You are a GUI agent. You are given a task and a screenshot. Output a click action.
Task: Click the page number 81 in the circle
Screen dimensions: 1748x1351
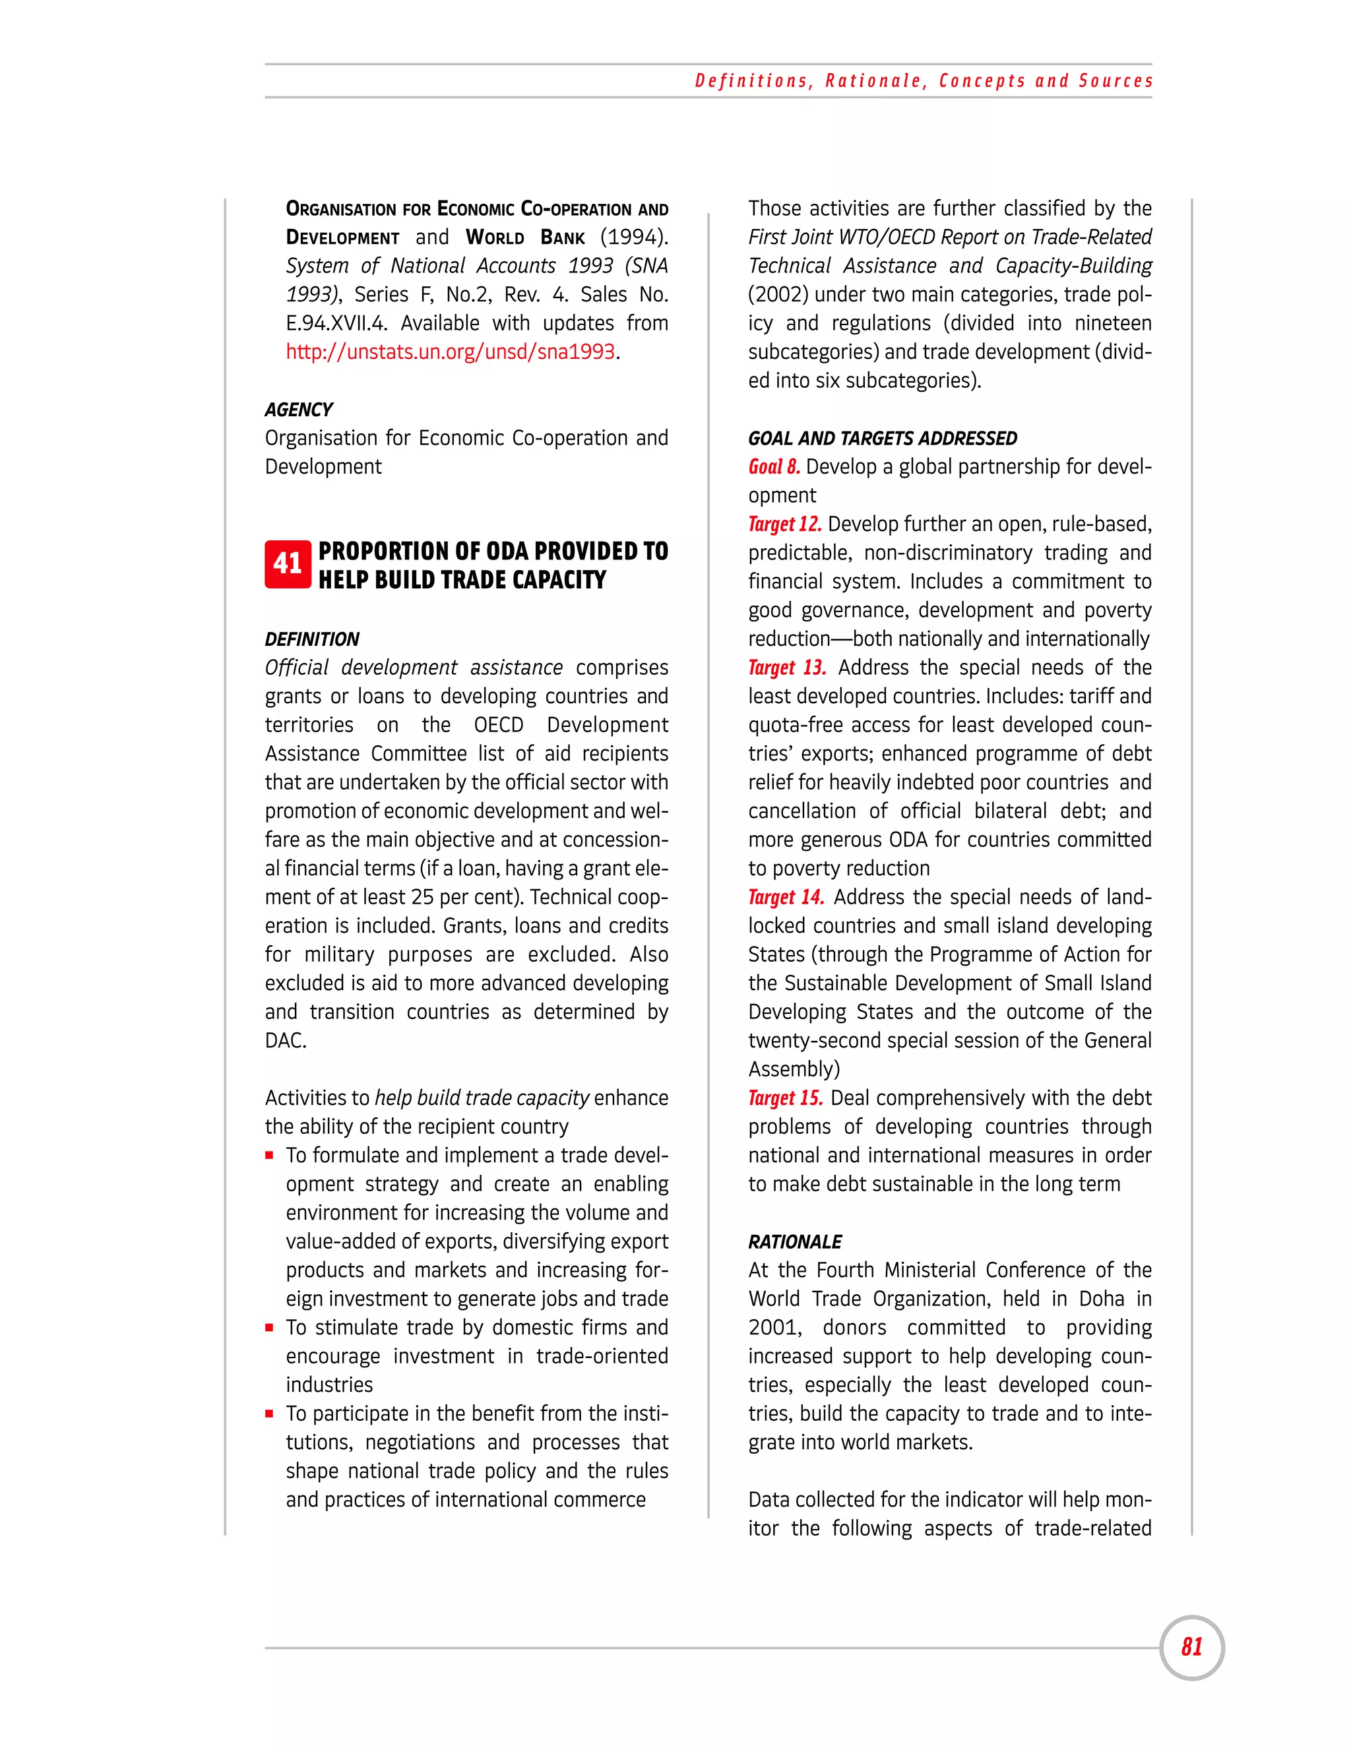1192,1647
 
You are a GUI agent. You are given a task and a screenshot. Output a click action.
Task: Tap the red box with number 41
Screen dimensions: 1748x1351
288,564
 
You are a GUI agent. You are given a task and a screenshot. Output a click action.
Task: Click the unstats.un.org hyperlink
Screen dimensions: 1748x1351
451,352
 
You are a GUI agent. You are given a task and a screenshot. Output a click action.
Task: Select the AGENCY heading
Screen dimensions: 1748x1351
299,410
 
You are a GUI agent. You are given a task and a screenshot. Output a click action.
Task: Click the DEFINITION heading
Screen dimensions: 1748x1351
312,639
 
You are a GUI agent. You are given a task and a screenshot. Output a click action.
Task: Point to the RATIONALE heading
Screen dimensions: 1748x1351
795,1241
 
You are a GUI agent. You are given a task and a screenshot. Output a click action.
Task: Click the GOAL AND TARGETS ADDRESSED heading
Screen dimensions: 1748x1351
882,439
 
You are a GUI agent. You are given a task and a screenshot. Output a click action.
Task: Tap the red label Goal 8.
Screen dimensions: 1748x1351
774,466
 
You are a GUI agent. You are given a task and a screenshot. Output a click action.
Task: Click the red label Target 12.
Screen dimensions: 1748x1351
784,524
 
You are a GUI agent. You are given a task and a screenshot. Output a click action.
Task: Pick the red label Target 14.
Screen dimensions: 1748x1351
786,897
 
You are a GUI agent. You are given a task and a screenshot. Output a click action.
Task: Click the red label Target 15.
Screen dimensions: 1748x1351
785,1098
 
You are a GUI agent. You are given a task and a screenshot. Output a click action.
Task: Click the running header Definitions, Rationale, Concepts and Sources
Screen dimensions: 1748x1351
924,81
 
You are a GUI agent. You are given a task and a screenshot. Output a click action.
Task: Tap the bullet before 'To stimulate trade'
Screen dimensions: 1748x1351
270,1328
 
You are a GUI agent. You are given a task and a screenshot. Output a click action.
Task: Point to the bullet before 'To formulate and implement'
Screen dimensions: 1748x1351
270,1156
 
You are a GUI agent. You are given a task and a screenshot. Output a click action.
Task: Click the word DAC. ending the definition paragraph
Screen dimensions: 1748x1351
286,1040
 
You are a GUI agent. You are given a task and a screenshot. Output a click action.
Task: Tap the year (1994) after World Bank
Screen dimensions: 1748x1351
634,237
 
